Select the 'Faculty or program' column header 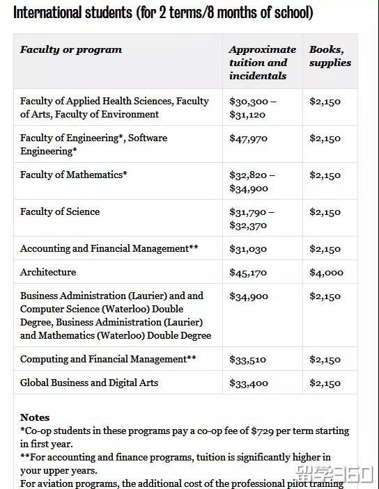pos(71,49)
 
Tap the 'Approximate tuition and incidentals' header pos(262,63)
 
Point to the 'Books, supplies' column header pos(330,56)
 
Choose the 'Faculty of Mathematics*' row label pos(73,175)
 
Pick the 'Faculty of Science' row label pos(60,211)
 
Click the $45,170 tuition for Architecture pos(249,273)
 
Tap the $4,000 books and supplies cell pos(326,273)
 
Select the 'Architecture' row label pos(48,272)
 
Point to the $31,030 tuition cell pos(249,249)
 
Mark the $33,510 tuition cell pos(249,360)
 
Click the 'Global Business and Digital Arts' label pos(89,383)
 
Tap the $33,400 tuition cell pos(249,383)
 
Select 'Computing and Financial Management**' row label pos(108,359)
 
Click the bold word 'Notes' pos(35,417)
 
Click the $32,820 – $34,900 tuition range pos(252,182)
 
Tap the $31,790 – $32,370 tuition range pos(252,218)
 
